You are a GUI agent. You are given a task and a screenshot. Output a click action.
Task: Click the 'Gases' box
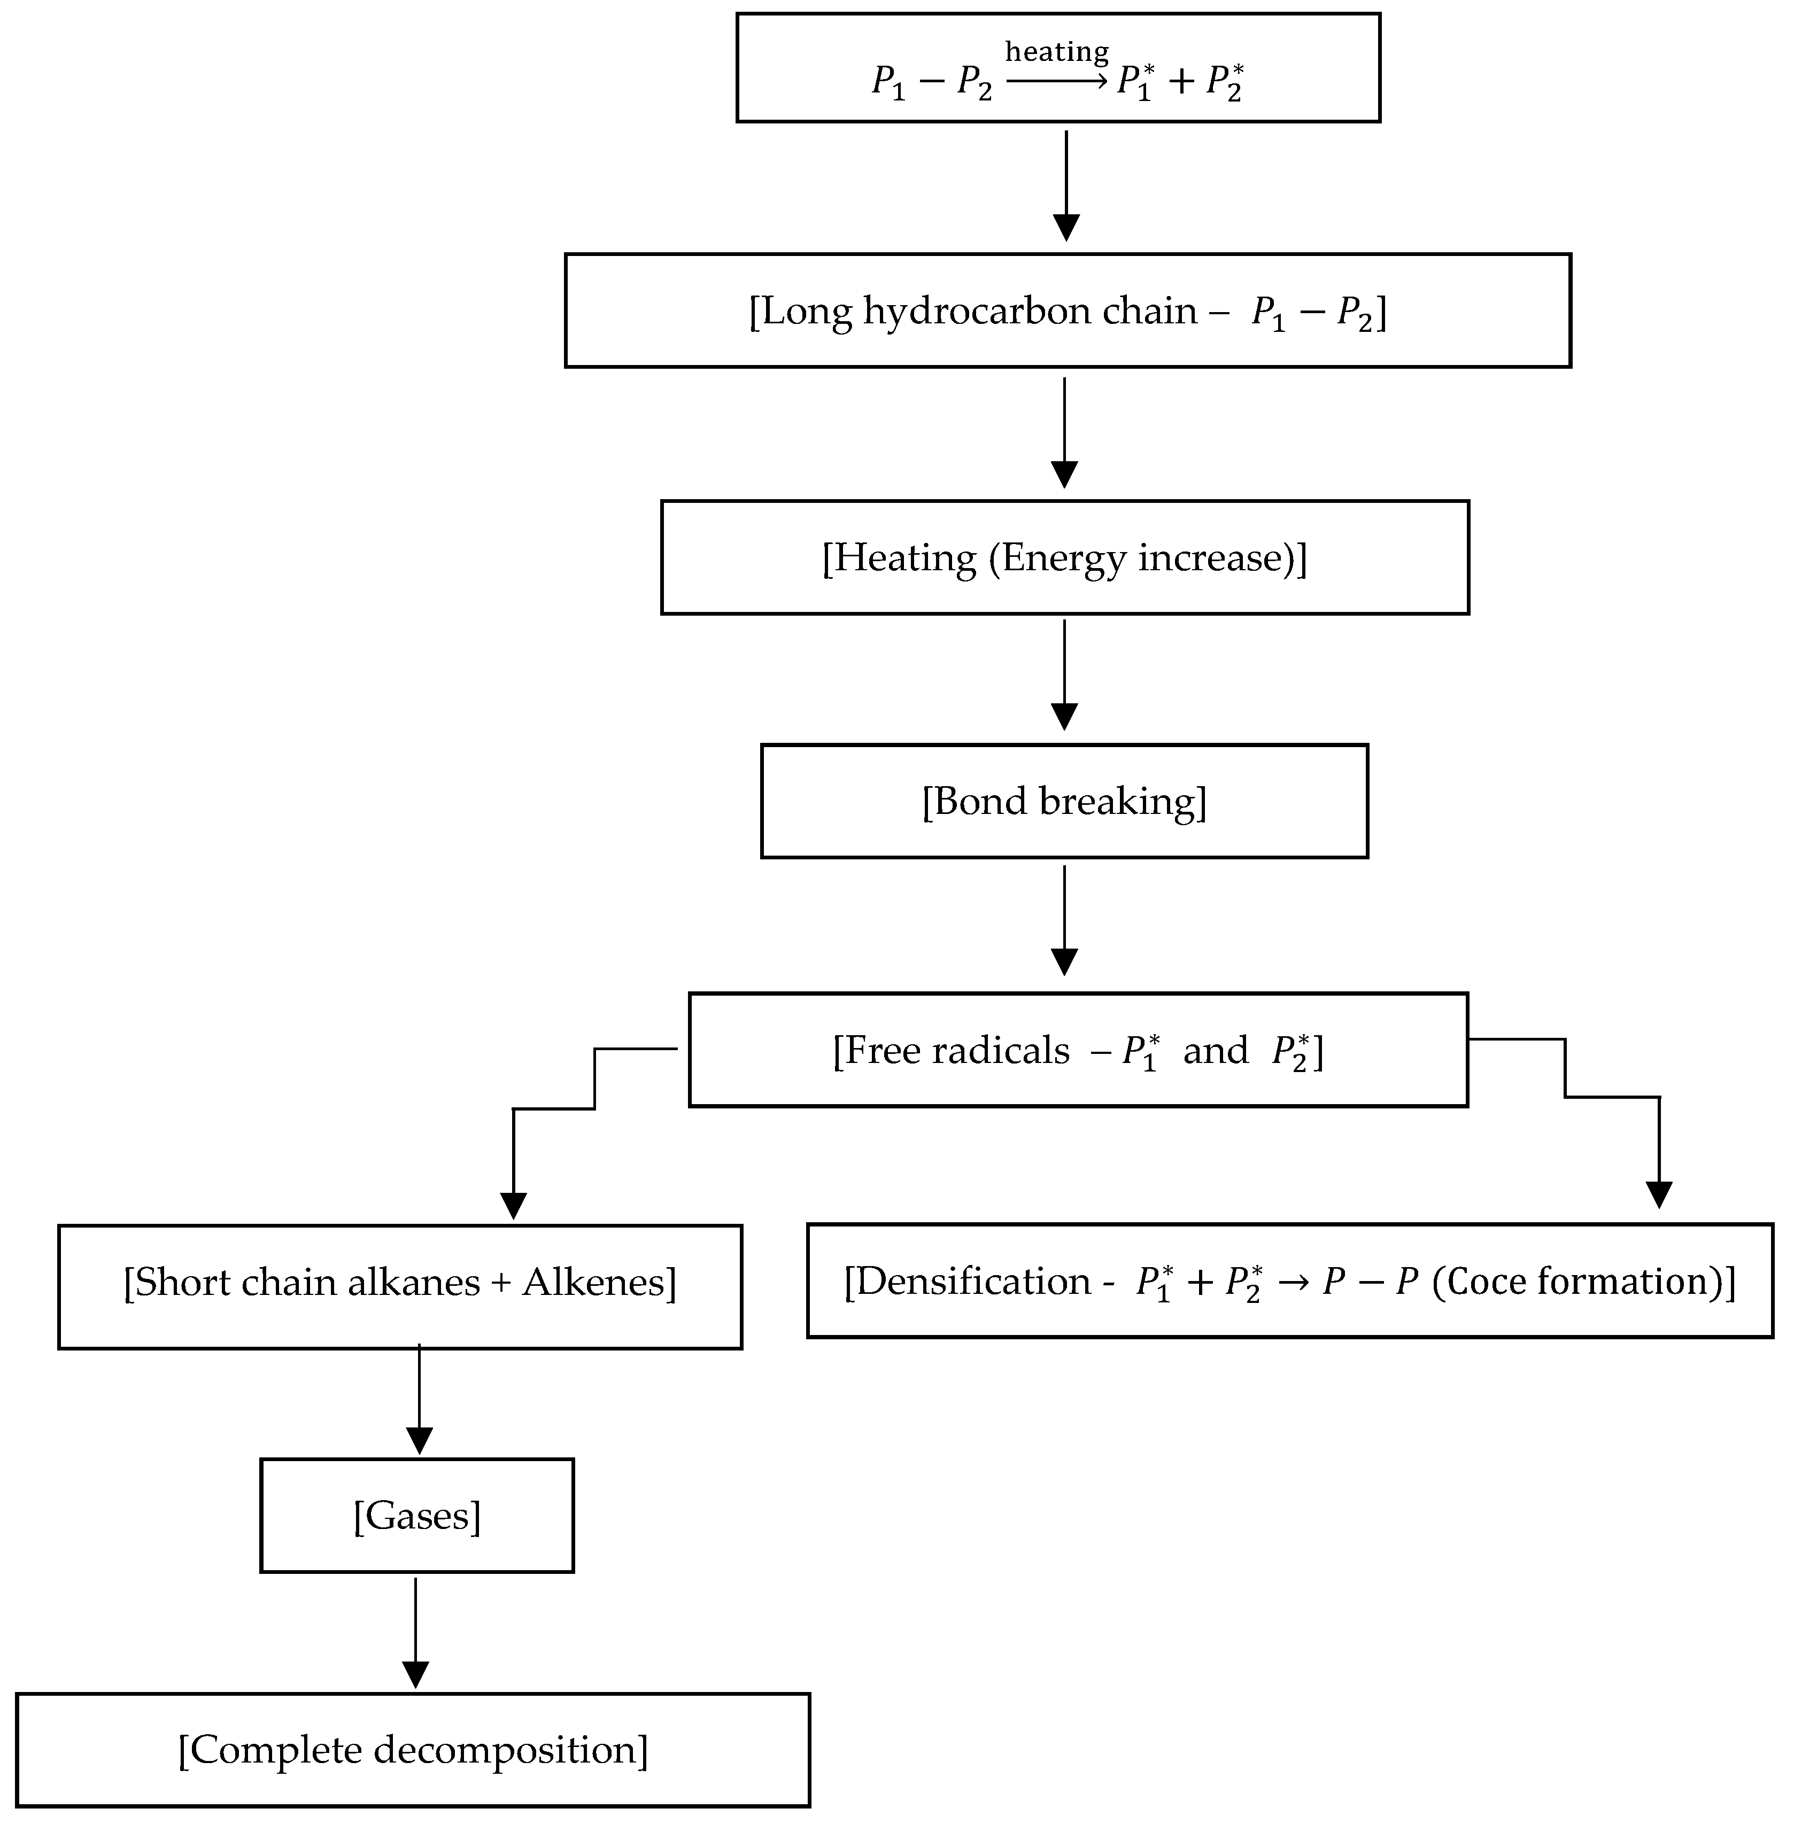pos(416,1516)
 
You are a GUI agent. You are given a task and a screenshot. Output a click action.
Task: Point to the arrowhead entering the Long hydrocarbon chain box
pos(1066,228)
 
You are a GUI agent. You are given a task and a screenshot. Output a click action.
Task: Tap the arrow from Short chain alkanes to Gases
pos(419,1399)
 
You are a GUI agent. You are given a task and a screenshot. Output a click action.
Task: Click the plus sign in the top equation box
pos(1181,81)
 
